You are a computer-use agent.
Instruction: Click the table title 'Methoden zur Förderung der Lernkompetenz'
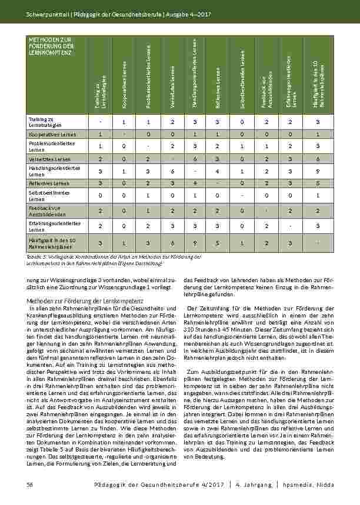click(x=51, y=45)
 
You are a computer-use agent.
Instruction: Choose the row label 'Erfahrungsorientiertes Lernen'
click(x=52, y=226)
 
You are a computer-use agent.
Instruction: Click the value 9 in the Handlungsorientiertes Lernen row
click(x=318, y=170)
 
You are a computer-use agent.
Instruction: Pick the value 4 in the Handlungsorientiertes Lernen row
click(x=217, y=170)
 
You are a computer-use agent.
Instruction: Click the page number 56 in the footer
click(x=29, y=484)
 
